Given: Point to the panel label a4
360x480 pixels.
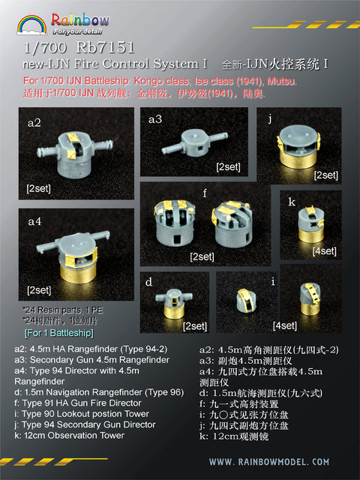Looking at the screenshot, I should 35,221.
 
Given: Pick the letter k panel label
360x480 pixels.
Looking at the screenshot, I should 291,202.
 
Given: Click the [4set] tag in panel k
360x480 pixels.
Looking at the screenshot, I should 325,250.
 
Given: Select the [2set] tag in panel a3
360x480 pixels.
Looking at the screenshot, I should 228,166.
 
